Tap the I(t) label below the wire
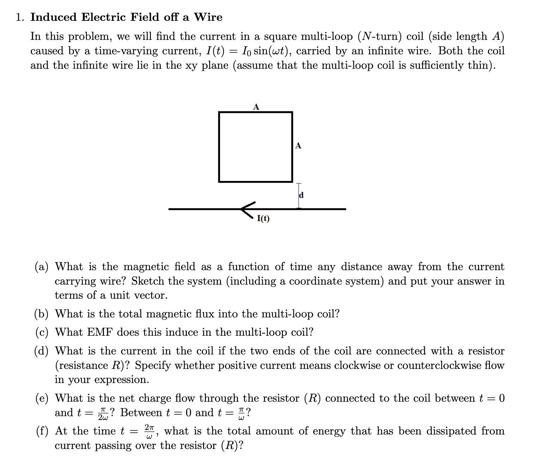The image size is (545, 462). tap(263, 219)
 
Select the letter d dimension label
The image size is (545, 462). tap(301, 195)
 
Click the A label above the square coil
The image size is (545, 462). tap(256, 107)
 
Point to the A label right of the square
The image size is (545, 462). tap(298, 146)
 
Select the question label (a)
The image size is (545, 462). tap(42, 267)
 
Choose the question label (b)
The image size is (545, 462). tap(42, 314)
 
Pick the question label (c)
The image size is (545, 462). tap(42, 332)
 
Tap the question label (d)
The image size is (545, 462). tap(42, 351)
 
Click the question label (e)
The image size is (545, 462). tap(42, 398)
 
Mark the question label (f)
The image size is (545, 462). tap(42, 431)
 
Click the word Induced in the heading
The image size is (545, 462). tap(53, 17)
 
